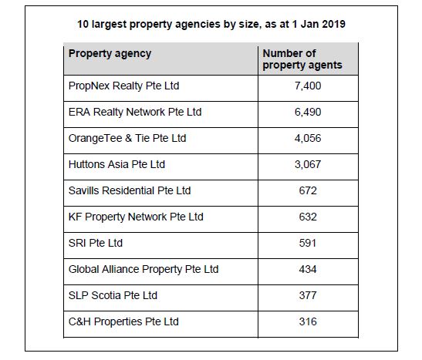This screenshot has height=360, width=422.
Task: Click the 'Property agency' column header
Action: (110, 54)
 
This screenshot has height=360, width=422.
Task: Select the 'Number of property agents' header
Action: (302, 59)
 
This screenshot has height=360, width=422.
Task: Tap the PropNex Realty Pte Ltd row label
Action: (123, 86)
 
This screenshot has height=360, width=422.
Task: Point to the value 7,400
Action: (308, 86)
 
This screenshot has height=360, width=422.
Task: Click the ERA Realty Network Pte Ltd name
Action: (135, 112)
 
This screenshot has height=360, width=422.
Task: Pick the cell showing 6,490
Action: (308, 112)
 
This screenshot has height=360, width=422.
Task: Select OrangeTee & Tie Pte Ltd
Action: (127, 138)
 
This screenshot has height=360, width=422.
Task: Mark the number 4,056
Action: (308, 138)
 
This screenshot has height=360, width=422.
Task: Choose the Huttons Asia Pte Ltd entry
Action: (116, 164)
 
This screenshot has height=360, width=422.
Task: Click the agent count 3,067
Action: (308, 164)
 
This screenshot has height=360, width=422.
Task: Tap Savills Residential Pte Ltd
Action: (130, 190)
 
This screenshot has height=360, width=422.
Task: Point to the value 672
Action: (308, 190)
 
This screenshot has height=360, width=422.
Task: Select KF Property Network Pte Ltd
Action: (136, 217)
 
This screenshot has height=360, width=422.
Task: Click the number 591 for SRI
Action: (308, 243)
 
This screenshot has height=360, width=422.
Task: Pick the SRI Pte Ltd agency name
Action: (96, 243)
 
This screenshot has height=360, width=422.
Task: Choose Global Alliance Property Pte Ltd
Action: (143, 269)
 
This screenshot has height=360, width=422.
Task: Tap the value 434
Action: (308, 269)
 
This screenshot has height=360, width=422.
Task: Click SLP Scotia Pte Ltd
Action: (113, 295)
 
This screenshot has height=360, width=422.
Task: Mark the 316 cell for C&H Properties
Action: (308, 321)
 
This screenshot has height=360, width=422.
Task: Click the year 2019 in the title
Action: (333, 24)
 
